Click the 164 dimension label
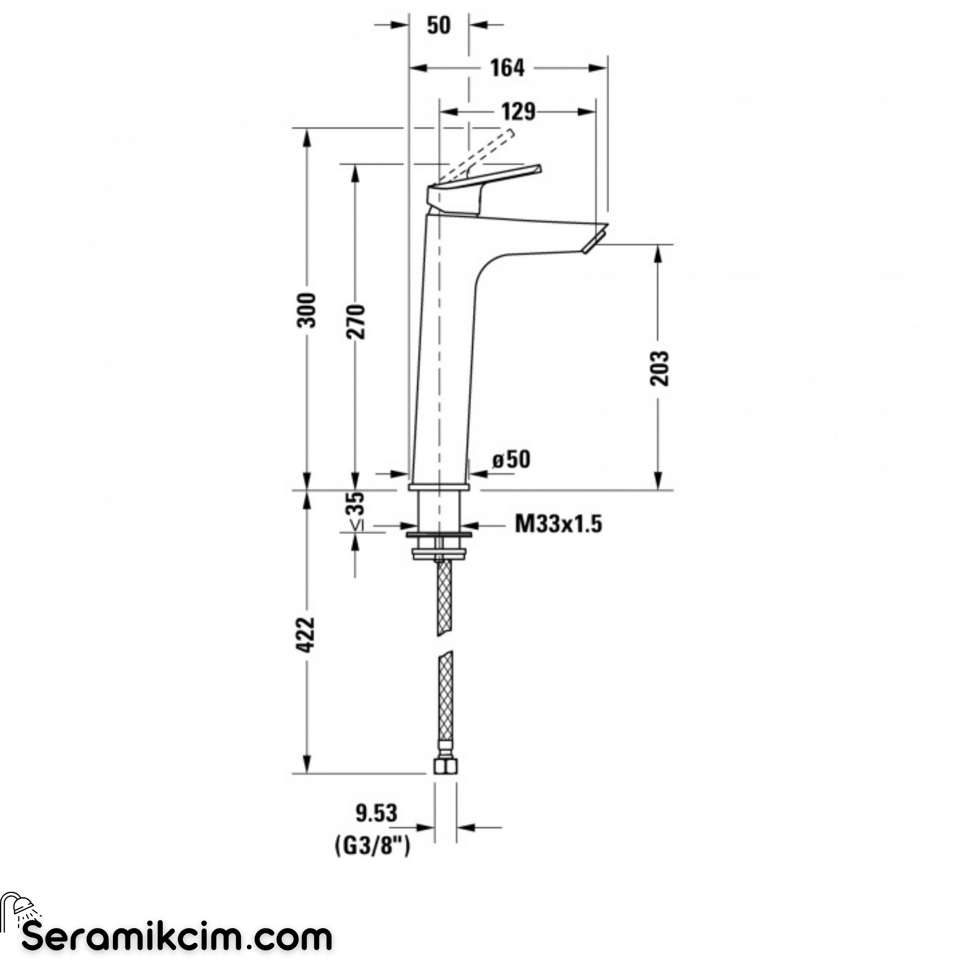507,68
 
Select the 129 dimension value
519,112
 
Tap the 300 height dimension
307,310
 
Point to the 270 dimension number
356,321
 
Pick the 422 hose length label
307,635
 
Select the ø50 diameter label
510,459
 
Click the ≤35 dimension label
357,510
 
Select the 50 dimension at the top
439,25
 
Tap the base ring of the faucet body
438,487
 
